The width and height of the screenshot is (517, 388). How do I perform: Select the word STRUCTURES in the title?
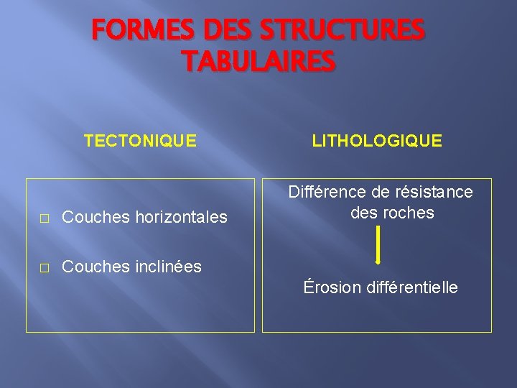click(x=341, y=31)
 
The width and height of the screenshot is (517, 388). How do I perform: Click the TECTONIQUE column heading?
click(x=140, y=140)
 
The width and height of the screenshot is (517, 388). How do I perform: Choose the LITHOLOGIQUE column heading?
click(x=377, y=140)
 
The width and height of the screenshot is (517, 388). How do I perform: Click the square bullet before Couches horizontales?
click(x=44, y=217)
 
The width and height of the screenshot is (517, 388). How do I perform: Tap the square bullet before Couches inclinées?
click(x=44, y=267)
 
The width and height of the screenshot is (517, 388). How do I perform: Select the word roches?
click(x=411, y=213)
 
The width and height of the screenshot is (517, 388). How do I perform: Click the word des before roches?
click(x=365, y=213)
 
